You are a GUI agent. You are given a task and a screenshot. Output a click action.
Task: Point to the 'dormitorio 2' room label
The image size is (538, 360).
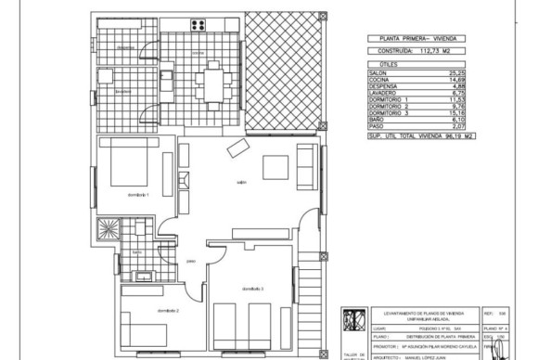click(x=167, y=309)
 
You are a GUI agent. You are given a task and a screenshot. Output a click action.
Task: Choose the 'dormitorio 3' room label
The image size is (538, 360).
click(x=253, y=289)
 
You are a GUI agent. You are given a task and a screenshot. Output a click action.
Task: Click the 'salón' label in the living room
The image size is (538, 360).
click(x=240, y=181)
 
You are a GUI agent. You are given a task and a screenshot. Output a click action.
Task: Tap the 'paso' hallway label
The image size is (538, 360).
click(x=191, y=260)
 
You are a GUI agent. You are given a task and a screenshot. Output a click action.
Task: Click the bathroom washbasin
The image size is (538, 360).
click(x=144, y=275)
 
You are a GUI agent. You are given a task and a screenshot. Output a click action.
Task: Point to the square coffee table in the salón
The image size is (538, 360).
click(x=275, y=167)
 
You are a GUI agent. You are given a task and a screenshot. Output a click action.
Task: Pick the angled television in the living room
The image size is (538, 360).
click(x=238, y=147)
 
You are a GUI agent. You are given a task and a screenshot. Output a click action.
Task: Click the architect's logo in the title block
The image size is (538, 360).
click(x=353, y=318)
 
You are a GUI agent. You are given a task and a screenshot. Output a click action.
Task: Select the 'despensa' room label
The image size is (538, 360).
click(x=126, y=48)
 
